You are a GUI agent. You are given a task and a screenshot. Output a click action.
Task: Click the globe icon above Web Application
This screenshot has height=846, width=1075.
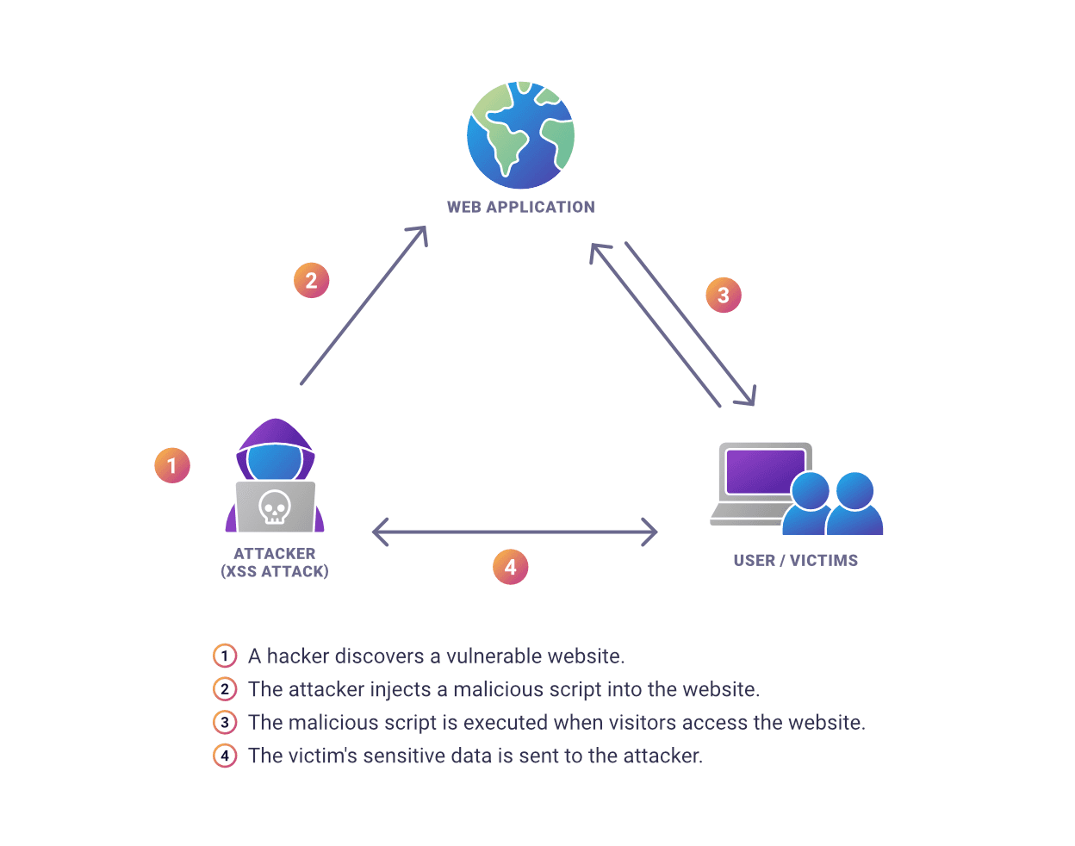[520, 135]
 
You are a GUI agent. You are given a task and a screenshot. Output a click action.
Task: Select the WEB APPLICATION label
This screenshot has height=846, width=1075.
[520, 207]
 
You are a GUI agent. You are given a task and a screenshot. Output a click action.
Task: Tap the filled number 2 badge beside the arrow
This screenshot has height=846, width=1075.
[311, 280]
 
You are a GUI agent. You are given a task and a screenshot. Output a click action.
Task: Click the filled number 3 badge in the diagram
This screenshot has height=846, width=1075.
[723, 295]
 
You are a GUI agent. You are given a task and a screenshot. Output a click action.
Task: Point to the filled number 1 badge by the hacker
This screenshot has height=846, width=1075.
[171, 465]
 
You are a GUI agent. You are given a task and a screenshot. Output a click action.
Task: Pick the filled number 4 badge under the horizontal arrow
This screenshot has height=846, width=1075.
[510, 567]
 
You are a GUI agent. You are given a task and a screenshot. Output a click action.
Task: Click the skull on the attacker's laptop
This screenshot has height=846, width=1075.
[275, 507]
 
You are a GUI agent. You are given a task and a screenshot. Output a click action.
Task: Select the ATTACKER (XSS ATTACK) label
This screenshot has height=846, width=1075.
[275, 563]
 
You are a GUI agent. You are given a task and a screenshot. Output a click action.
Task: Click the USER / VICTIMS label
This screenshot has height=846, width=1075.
[795, 561]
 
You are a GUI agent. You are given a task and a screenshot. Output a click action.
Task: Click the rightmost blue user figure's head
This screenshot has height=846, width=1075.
[854, 490]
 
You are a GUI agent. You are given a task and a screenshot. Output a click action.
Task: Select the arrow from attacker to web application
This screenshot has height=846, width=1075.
[364, 305]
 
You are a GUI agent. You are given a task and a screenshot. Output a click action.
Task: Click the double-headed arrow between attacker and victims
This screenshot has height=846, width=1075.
[514, 532]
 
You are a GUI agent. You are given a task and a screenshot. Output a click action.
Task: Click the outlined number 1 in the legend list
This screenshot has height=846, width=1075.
[225, 656]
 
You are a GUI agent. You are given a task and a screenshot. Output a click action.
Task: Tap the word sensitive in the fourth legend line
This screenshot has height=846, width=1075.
[405, 756]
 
